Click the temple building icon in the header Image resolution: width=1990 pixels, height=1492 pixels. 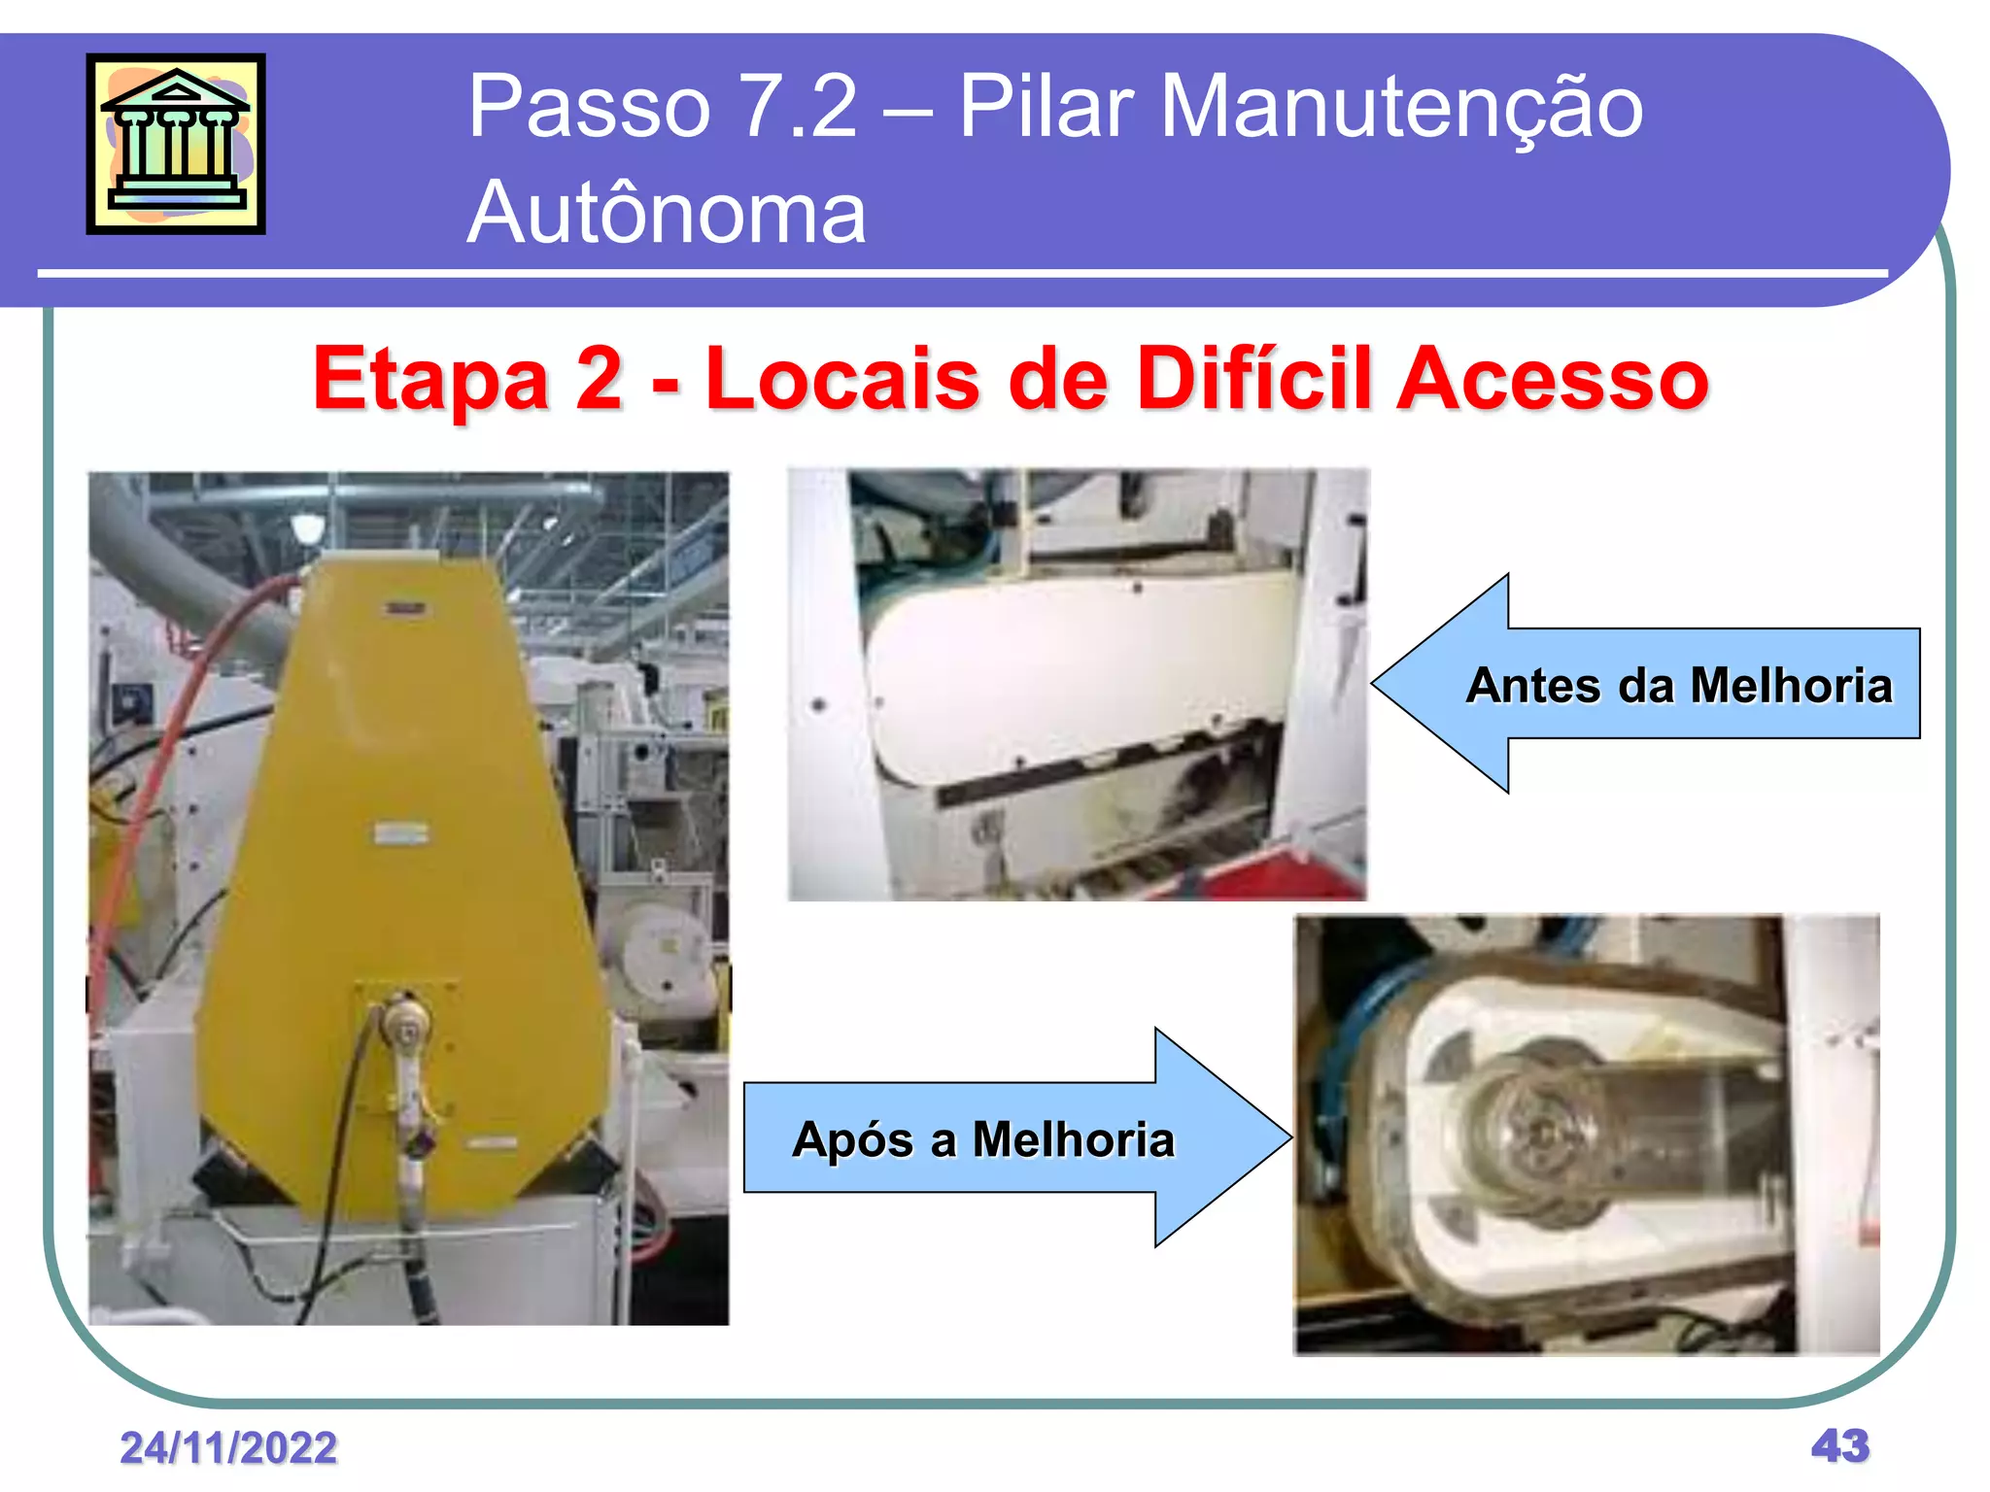point(176,144)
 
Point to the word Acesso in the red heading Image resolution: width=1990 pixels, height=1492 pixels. point(1552,379)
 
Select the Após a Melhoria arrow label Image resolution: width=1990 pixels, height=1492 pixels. point(982,1138)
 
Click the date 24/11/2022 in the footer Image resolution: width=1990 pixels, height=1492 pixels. point(228,1447)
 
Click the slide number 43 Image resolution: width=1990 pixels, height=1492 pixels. point(1839,1445)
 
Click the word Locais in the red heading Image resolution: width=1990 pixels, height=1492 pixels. point(841,379)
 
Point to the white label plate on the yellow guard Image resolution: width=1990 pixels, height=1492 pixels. point(401,833)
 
